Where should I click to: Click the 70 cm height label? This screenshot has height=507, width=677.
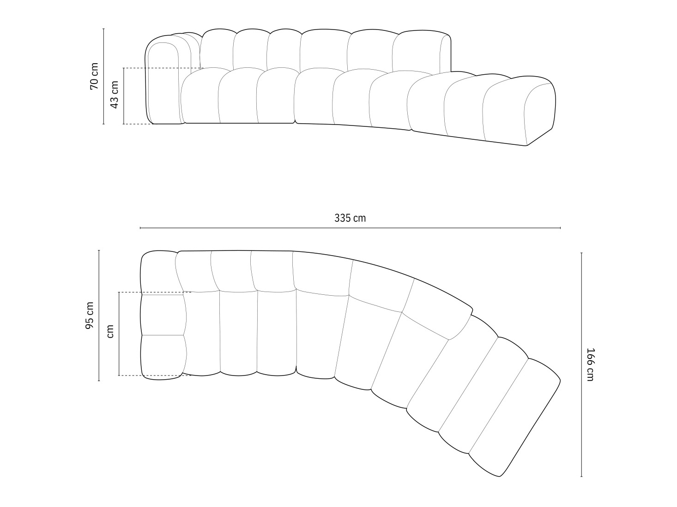[x=94, y=76]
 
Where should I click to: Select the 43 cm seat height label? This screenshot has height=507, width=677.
[x=115, y=94]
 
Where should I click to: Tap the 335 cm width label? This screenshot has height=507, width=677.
[x=350, y=218]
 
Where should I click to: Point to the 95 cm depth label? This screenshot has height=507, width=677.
[x=90, y=316]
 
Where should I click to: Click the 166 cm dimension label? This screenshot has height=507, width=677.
[x=590, y=364]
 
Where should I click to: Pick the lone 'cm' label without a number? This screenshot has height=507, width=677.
[x=110, y=331]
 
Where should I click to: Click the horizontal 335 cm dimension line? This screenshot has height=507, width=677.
[x=350, y=228]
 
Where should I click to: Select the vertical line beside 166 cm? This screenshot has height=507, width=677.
[x=581, y=364]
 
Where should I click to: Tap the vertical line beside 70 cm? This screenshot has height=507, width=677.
[x=103, y=77]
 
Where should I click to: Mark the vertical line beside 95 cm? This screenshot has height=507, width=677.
[x=99, y=316]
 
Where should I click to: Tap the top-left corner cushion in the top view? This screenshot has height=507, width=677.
[x=158, y=272]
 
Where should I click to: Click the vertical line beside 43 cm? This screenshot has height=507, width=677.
[x=124, y=96]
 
